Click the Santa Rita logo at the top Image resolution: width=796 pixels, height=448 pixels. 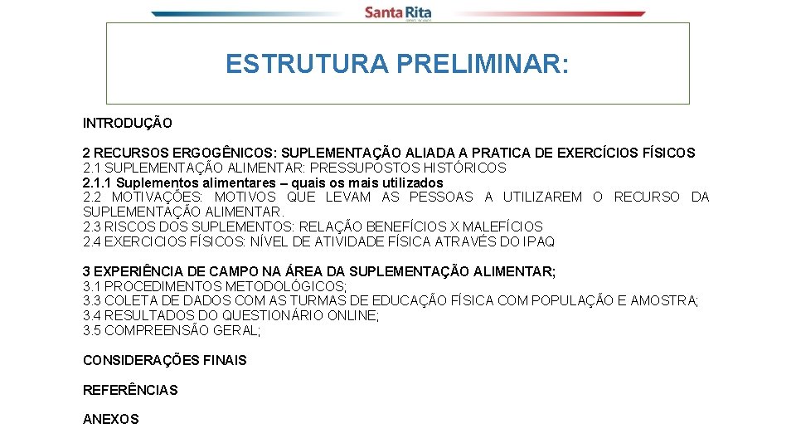point(398,12)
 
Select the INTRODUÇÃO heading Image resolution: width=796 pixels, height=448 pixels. point(128,124)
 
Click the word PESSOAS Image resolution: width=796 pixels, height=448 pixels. point(440,197)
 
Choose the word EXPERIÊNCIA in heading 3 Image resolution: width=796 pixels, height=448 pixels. point(136,271)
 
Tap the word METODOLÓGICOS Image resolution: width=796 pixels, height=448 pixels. point(286,286)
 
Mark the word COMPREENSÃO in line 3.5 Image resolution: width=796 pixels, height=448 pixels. point(152,331)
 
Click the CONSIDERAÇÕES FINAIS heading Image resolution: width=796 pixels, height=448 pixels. point(165,360)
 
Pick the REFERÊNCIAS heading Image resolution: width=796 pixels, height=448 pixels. point(130,390)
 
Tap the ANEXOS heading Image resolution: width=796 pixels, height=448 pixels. point(111,420)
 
